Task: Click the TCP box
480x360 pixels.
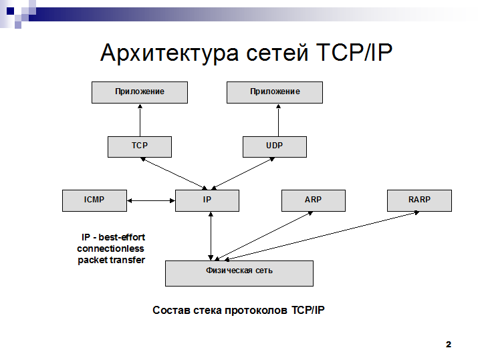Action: [x=140, y=147]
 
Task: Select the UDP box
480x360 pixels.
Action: [x=275, y=147]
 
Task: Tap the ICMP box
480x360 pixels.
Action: [x=94, y=200]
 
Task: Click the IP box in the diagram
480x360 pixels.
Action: [x=207, y=200]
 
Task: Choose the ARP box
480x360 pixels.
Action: [x=314, y=200]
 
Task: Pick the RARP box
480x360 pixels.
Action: [x=419, y=200]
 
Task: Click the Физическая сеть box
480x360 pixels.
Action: [x=239, y=273]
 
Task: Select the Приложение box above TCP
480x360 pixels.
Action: [x=140, y=92]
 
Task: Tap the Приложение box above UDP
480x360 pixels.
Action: [x=275, y=92]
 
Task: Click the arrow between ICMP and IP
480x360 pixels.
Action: [x=151, y=200]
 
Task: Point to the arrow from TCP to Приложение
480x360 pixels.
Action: [x=140, y=120]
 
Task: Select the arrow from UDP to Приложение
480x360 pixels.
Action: [x=278, y=120]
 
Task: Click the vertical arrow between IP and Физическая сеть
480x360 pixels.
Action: [x=211, y=236]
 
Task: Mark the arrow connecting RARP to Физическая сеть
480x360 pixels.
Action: [x=322, y=236]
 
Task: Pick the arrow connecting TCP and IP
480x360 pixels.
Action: [x=174, y=174]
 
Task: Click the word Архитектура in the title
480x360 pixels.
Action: [x=169, y=53]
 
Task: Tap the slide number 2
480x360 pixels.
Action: [x=449, y=345]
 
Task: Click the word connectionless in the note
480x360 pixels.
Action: [x=110, y=248]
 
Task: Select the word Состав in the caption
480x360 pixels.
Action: [x=172, y=310]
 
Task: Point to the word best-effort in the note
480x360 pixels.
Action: [x=122, y=237]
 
